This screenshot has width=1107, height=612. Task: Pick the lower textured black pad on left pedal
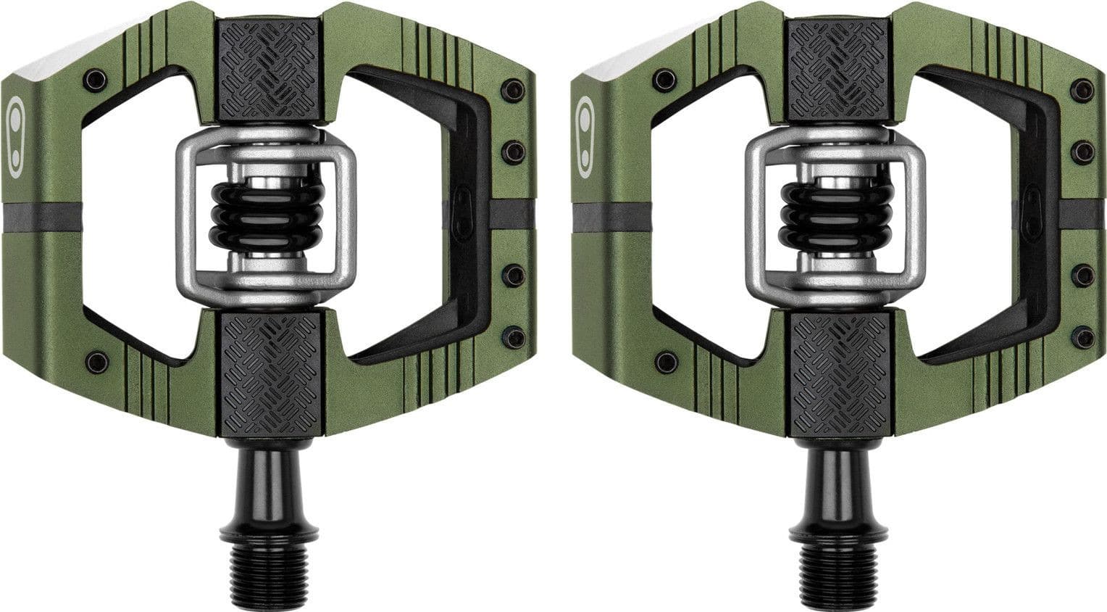coord(270,373)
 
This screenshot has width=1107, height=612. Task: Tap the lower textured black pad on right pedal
coord(839,373)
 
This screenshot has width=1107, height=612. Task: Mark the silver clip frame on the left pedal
coord(184,218)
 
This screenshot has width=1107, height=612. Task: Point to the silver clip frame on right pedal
coord(753,218)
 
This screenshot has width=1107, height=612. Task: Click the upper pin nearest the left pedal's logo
coord(95,79)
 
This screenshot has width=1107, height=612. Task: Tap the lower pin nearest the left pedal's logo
coord(96,360)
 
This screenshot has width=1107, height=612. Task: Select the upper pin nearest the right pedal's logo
coord(665,79)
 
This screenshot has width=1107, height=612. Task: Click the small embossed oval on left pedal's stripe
coord(461,212)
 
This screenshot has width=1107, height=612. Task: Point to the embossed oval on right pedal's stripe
coord(1031,212)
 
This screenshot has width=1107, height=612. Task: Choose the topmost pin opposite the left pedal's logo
coord(513,90)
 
